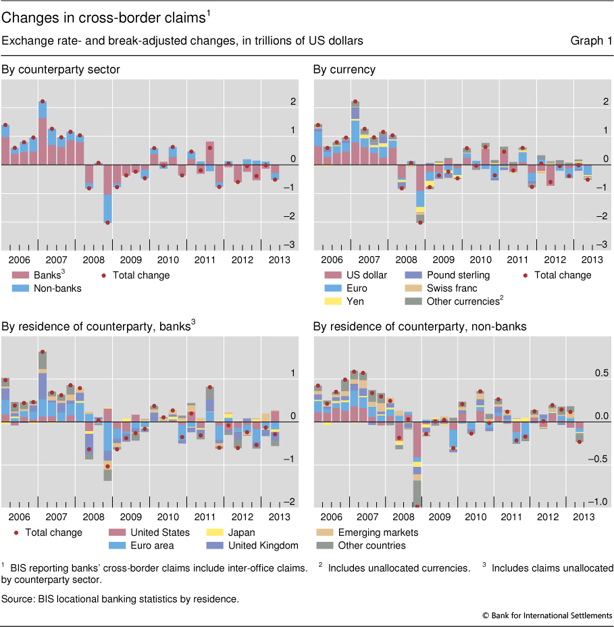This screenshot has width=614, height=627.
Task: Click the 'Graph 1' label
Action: [x=591, y=41]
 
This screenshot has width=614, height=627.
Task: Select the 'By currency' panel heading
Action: [x=344, y=69]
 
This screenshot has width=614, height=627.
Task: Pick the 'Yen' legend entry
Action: [x=355, y=301]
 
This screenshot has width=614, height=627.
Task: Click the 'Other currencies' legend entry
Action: [x=455, y=301]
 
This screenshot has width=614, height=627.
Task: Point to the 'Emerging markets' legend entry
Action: [x=376, y=532]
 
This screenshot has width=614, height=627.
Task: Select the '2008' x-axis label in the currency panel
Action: [x=406, y=260]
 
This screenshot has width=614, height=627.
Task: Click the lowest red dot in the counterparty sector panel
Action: [x=107, y=222]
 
